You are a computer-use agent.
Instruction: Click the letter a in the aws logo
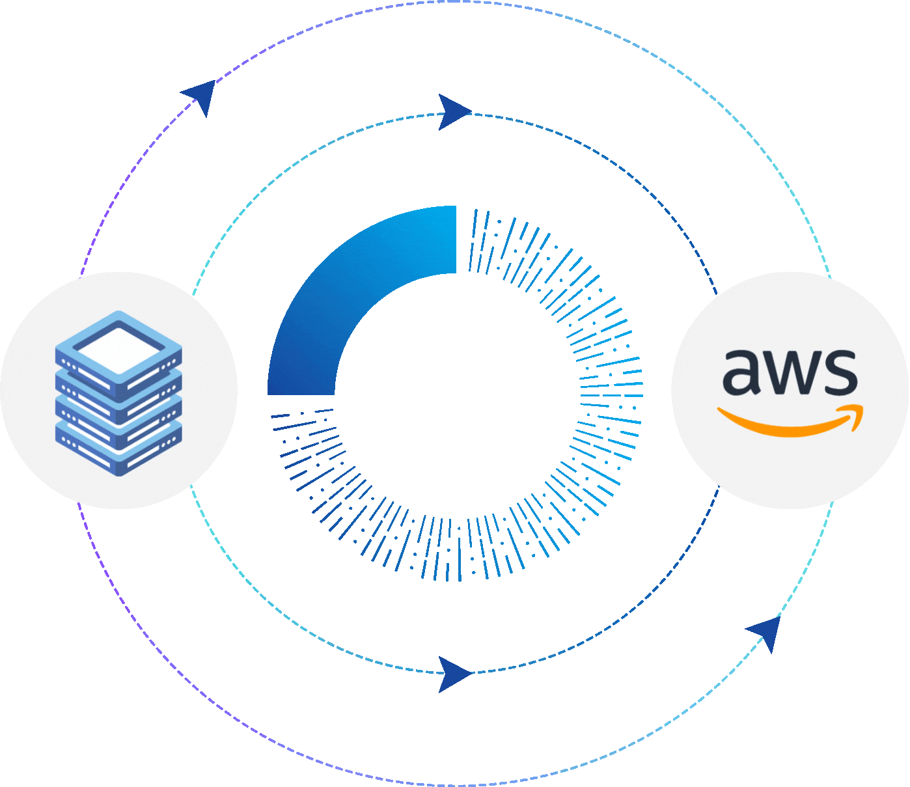[x=742, y=373]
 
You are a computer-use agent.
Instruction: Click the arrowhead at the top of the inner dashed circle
[x=453, y=112]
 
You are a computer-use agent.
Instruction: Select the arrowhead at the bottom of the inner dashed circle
[x=453, y=674]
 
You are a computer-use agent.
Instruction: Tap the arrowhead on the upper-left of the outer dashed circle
[x=201, y=96]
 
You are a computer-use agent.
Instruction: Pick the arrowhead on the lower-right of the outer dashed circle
[x=765, y=631]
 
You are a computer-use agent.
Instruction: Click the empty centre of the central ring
[x=456, y=394]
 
